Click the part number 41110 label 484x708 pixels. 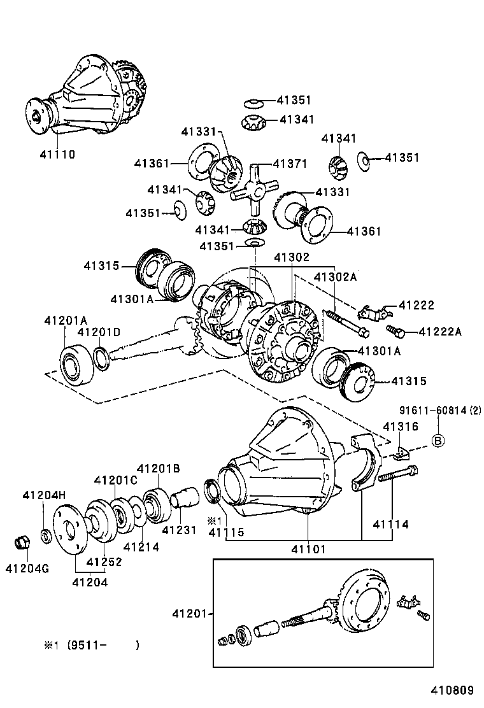pos(57,154)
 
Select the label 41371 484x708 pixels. pos(290,164)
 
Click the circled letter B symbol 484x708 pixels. pos(438,440)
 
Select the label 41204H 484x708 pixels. pos(44,495)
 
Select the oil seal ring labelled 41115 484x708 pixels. pos(211,491)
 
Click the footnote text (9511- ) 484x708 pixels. pos(96,644)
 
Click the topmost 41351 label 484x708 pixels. pos(294,100)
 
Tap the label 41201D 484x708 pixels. pos(99,332)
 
